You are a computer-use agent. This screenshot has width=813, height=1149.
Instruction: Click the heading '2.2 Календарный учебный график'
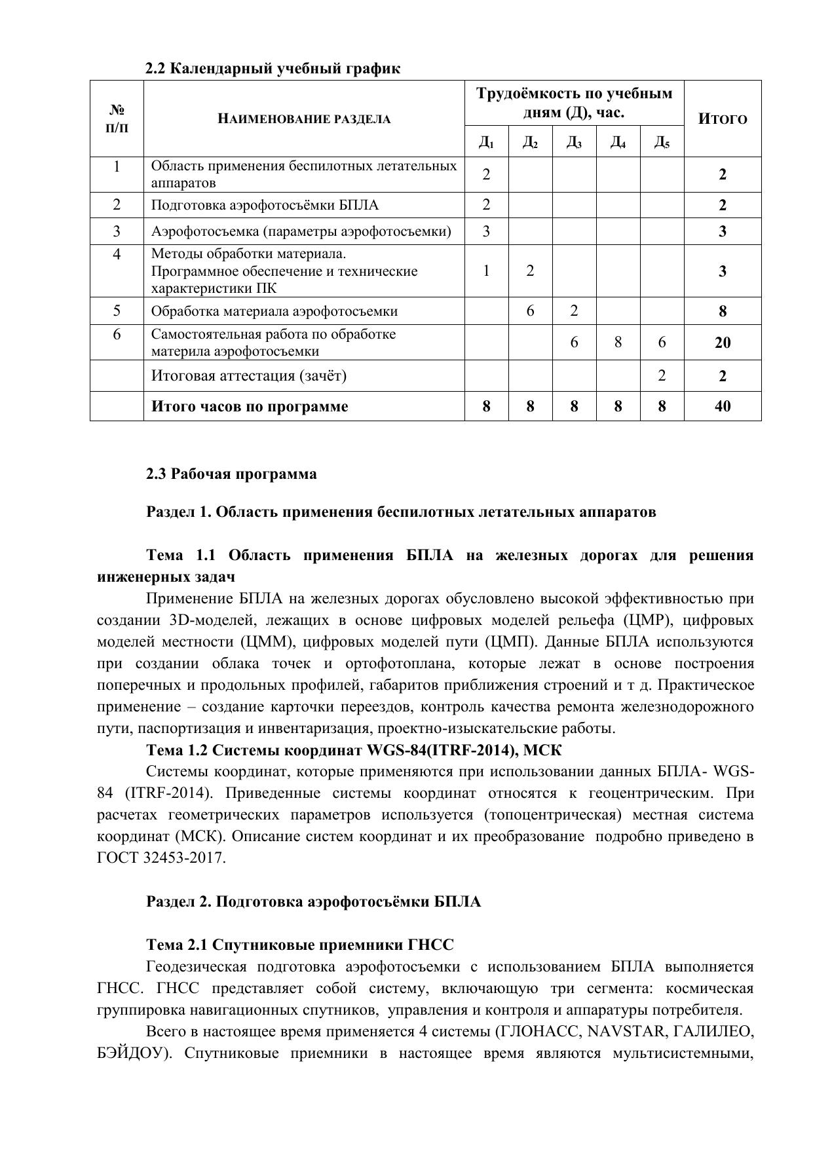273,68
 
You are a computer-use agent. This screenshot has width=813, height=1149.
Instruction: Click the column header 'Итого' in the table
722,119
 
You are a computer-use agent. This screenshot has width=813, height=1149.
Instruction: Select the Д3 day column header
574,142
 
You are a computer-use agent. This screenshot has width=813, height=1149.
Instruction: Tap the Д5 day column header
662,142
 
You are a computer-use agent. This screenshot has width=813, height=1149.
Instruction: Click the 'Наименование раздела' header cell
304,119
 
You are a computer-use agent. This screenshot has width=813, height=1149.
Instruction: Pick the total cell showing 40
722,406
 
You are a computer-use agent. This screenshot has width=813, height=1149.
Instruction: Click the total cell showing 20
722,343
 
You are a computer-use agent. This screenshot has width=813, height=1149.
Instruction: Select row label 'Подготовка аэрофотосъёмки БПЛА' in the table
265,205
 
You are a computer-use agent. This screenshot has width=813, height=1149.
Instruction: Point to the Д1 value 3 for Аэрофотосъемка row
486,231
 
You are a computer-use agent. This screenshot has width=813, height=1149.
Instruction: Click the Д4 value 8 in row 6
618,342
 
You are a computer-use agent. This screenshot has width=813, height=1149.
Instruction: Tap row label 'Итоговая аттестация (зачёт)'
249,375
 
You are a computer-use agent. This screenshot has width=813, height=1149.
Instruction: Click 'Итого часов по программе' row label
250,406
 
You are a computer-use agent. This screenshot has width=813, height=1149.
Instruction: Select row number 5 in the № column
117,311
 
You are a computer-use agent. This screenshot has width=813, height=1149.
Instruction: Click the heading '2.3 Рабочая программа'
231,474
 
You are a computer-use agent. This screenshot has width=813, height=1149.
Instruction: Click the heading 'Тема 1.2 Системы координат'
354,750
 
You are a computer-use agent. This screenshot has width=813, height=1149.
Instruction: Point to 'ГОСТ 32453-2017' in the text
161,858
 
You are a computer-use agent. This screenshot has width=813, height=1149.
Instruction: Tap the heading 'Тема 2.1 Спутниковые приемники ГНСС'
299,945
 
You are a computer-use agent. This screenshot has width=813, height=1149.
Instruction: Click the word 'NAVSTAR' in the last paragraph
622,1032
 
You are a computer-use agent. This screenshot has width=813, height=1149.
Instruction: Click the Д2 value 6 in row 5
530,311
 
